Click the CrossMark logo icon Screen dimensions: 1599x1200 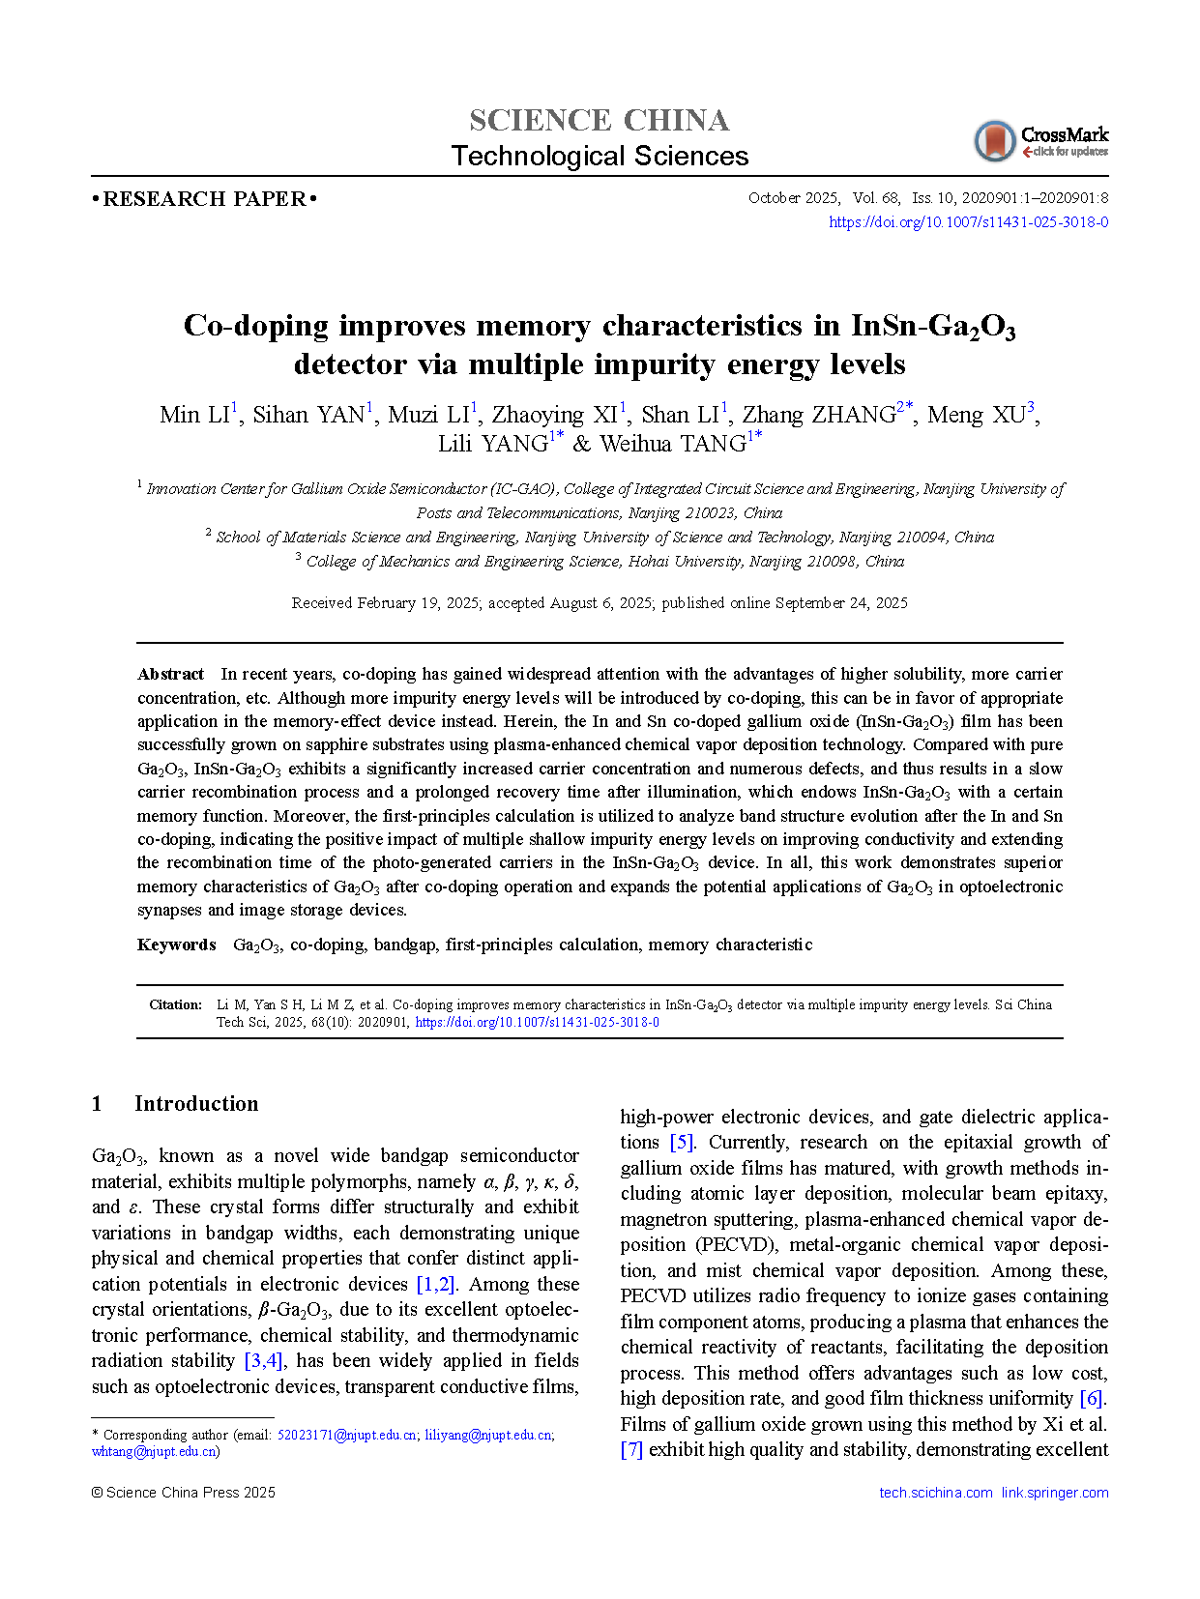point(994,141)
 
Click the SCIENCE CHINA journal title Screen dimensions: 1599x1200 point(600,120)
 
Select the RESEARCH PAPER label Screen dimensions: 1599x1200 point(204,199)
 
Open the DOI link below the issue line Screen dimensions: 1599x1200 point(968,222)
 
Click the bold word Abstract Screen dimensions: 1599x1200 point(170,675)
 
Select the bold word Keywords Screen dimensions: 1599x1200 point(176,945)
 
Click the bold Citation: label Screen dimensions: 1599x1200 point(175,1005)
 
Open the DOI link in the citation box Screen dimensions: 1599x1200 point(537,1023)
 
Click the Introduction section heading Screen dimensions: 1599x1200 point(196,1104)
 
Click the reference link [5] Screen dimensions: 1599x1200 point(682,1143)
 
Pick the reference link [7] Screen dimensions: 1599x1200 point(631,1450)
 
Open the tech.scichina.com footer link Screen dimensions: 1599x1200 point(935,1493)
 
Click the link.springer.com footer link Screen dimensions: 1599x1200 point(1055,1493)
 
